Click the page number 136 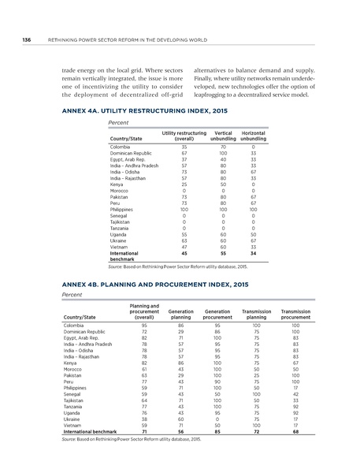27,41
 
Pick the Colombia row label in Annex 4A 121,147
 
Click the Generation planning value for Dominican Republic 182,332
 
